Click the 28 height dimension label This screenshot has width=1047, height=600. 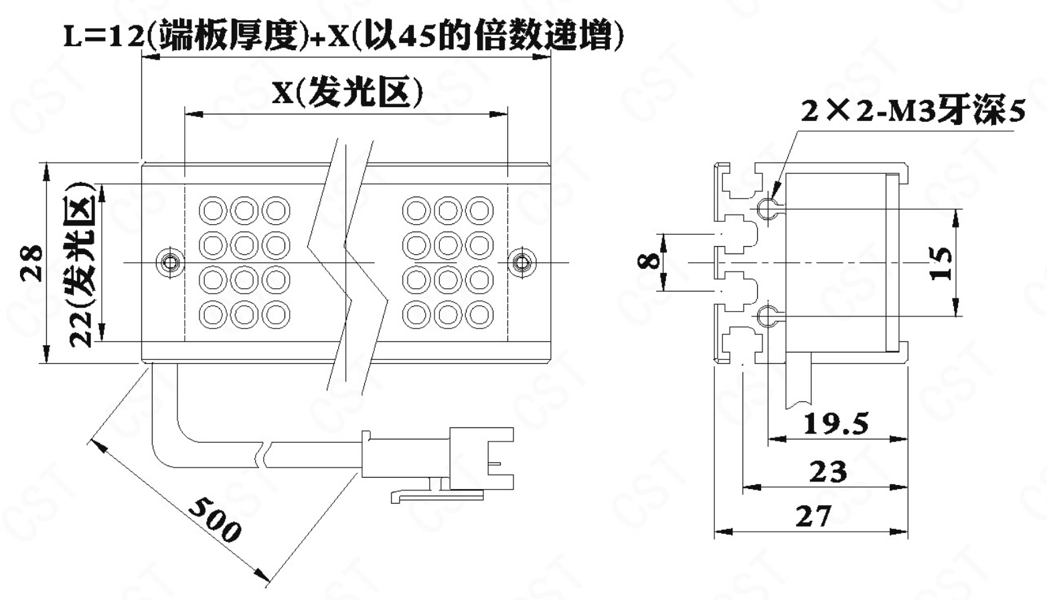click(31, 263)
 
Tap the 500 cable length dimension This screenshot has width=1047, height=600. click(216, 519)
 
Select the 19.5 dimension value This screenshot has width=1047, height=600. click(835, 423)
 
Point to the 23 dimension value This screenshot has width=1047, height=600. click(828, 472)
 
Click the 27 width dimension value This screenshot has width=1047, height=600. click(814, 516)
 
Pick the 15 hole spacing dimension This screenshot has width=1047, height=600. click(941, 263)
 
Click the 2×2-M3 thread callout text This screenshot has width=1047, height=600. click(913, 112)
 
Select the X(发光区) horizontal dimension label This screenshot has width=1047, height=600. click(347, 92)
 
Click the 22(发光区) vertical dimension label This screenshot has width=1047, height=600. click(82, 266)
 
